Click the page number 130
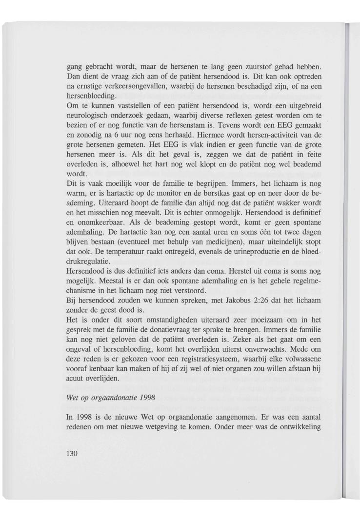(x=72, y=453)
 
